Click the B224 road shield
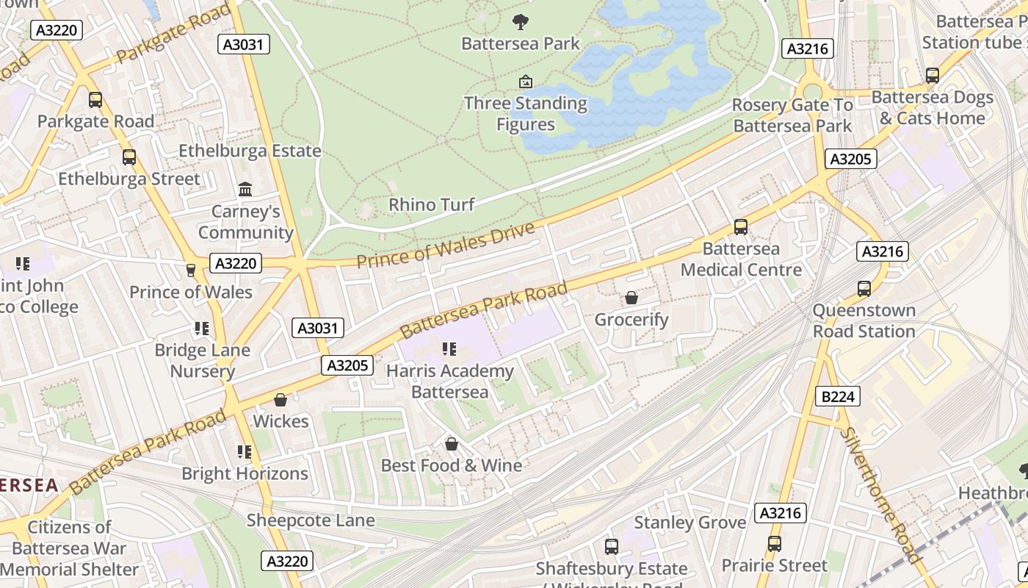[x=837, y=397]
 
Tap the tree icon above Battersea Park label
[x=521, y=21]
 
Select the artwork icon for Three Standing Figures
[x=525, y=81]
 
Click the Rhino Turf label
[x=432, y=204]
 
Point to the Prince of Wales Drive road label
[x=446, y=245]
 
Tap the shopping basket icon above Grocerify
[x=631, y=298]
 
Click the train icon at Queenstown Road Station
[x=864, y=288]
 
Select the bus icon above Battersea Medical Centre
[x=740, y=227]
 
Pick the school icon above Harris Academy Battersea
[x=449, y=349]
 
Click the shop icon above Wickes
[x=280, y=400]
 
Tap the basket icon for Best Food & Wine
[x=451, y=444]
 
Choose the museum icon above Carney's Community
[x=245, y=190]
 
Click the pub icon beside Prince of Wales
[x=191, y=270]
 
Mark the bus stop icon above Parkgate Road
[x=95, y=99]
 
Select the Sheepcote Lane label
[x=311, y=520]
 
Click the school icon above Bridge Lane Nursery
[x=201, y=329]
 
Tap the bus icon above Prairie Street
[x=774, y=544]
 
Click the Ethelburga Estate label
[x=250, y=151]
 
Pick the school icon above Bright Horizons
[x=244, y=452]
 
